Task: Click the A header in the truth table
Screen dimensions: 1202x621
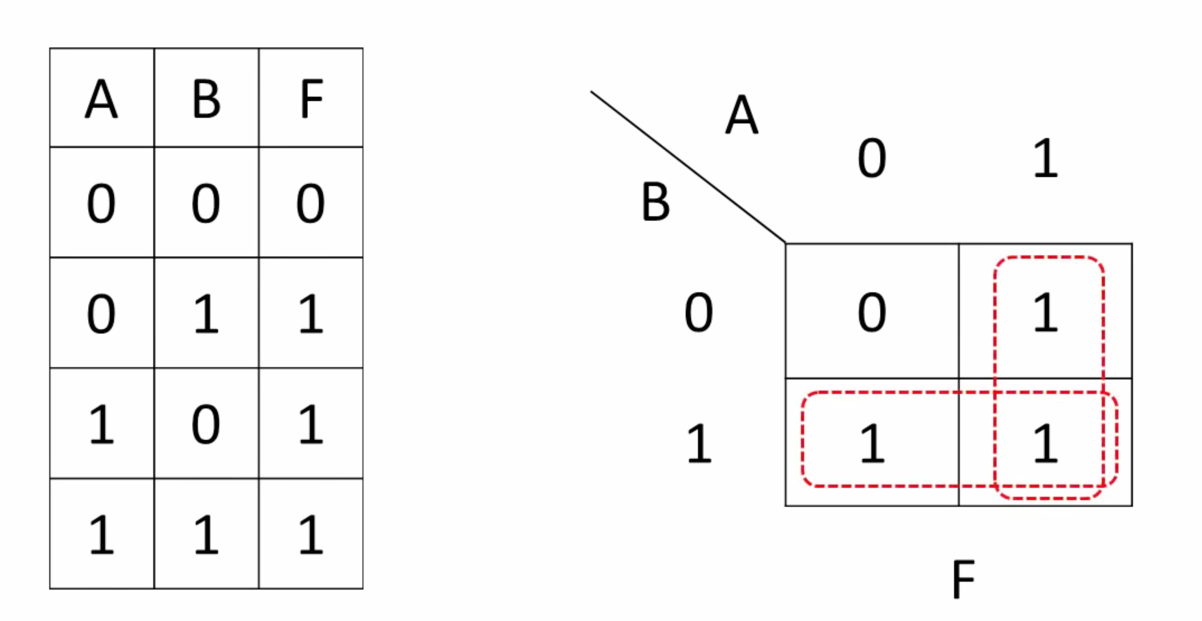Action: click(101, 98)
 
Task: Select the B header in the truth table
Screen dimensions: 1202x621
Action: click(206, 98)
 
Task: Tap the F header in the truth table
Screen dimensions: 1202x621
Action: click(311, 98)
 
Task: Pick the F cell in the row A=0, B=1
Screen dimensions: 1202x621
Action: click(311, 313)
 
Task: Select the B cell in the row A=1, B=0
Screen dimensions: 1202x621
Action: click(206, 424)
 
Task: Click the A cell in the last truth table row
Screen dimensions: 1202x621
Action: click(101, 534)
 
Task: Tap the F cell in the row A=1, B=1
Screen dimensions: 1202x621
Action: click(311, 534)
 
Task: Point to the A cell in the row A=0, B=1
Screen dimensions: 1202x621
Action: click(101, 313)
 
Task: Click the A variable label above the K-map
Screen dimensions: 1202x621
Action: click(742, 114)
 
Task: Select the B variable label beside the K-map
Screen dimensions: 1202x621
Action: click(656, 201)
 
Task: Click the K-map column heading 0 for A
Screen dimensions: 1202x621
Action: click(872, 158)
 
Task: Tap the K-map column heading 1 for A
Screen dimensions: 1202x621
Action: click(1045, 158)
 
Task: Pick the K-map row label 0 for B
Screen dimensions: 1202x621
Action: click(698, 312)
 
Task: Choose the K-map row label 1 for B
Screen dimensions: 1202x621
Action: click(699, 444)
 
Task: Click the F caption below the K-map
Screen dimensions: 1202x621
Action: click(963, 579)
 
